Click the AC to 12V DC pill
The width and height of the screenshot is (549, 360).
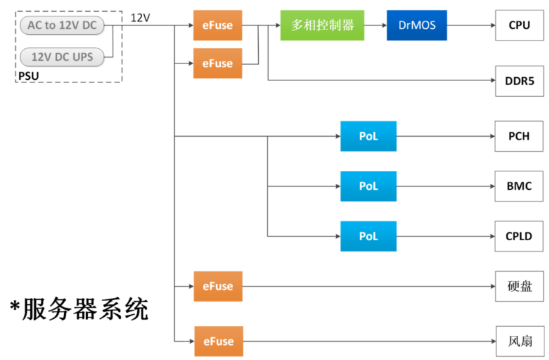[x=63, y=26]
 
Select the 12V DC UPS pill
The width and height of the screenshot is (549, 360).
[x=62, y=57]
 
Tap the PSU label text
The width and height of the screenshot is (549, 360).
[x=28, y=77]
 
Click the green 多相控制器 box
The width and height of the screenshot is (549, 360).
[x=322, y=26]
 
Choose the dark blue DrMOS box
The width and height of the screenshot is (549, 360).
[x=417, y=26]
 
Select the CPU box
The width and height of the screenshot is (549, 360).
[x=520, y=26]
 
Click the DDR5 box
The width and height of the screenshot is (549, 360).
[x=520, y=81]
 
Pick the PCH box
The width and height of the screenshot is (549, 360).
[x=520, y=137]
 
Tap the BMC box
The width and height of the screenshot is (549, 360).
[x=520, y=186]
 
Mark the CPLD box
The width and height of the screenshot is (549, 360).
[x=520, y=236]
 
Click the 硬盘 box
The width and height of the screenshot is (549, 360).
[x=520, y=286]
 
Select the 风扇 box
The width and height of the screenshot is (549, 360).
[x=520, y=341]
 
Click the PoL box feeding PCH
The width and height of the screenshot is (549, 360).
[x=368, y=137]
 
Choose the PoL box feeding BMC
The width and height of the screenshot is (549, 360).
[x=368, y=186]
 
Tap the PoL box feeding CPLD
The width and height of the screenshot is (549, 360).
[x=368, y=236]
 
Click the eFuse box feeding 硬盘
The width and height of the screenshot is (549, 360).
[x=218, y=286]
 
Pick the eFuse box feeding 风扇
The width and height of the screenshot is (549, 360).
[x=218, y=341]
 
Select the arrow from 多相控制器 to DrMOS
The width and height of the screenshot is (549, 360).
[x=375, y=26]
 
